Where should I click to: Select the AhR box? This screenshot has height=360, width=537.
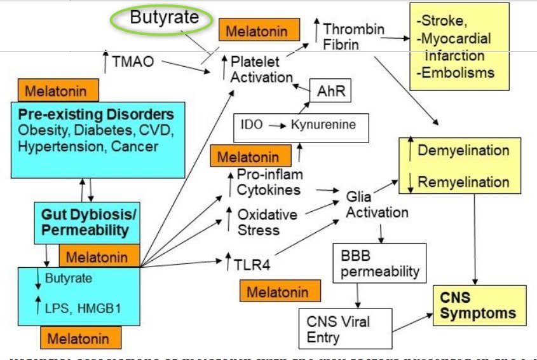pyautogui.click(x=330, y=92)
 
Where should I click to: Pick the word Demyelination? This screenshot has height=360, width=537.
pyautogui.click(x=463, y=151)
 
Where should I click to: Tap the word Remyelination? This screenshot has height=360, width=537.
pyautogui.click(x=463, y=183)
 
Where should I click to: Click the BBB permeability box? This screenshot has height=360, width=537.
pyautogui.click(x=377, y=265)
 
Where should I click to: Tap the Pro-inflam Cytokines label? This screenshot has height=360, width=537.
pyautogui.click(x=269, y=183)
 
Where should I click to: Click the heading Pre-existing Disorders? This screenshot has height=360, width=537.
pyautogui.click(x=96, y=115)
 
